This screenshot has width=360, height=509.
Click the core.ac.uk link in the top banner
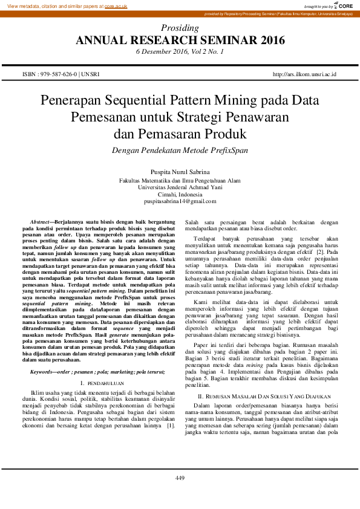[116, 5]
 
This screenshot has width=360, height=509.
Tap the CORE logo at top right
[345, 5]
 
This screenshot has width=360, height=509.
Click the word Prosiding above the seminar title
[180, 28]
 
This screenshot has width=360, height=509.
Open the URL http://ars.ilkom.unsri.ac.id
[304, 74]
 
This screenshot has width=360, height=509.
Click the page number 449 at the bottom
[180, 479]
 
